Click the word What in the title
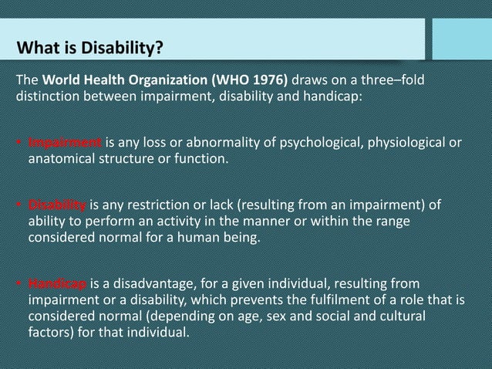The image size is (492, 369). [37, 49]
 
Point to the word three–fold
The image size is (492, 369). [390, 82]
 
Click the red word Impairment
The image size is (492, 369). [65, 143]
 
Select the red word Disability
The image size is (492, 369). [57, 205]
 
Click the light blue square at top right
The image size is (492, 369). [461, 39]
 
